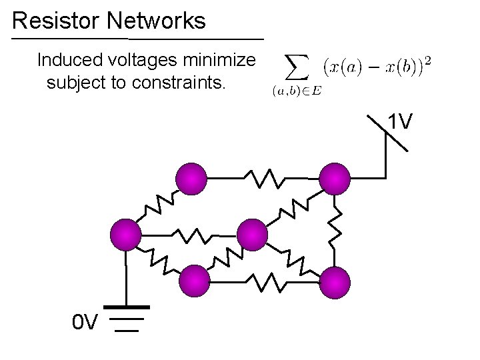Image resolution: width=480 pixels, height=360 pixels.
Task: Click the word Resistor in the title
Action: [x=56, y=21]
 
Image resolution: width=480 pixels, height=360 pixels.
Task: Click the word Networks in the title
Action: [x=156, y=21]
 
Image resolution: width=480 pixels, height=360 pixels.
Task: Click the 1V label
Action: [x=401, y=121]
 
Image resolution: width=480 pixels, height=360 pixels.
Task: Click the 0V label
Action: [x=86, y=323]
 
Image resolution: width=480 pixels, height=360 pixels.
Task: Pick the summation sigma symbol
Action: [x=297, y=67]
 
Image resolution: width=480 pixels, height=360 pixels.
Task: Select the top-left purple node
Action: [x=191, y=178]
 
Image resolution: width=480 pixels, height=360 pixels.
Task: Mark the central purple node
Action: [x=252, y=235]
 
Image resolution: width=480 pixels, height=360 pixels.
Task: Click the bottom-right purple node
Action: [x=335, y=281]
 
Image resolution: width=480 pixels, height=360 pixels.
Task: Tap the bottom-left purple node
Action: [x=195, y=281]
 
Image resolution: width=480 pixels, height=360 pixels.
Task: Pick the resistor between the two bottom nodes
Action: [x=265, y=282]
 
